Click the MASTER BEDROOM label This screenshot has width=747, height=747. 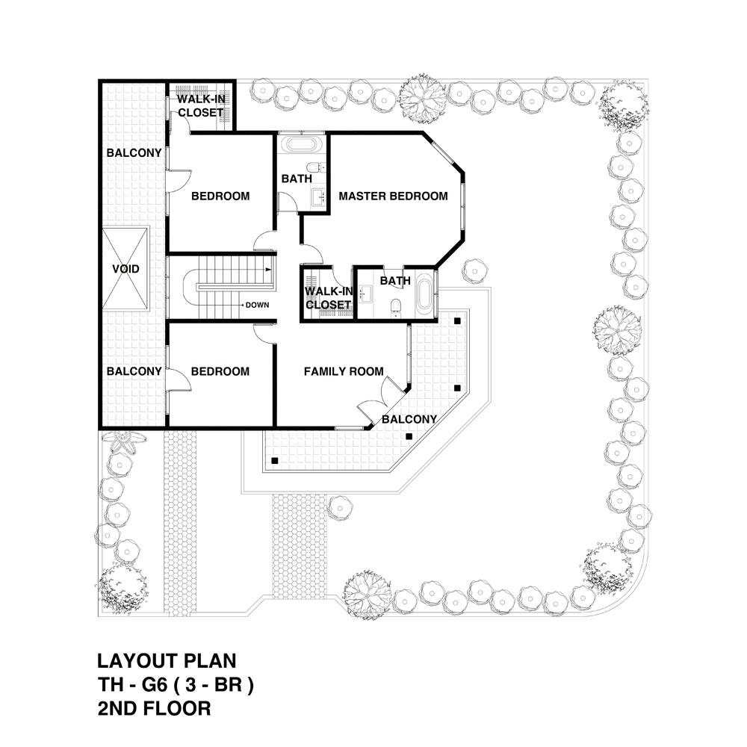(x=393, y=196)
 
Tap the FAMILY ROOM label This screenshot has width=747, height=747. (x=344, y=371)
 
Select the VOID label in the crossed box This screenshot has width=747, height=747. (x=125, y=269)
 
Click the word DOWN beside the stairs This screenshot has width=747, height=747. (x=258, y=306)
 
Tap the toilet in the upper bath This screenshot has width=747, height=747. (x=314, y=166)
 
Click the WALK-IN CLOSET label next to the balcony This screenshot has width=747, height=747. (x=199, y=106)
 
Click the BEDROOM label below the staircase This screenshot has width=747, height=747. (x=220, y=371)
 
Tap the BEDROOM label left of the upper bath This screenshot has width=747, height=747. (x=220, y=196)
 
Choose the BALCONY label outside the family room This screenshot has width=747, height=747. (x=409, y=420)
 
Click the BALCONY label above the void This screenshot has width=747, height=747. (x=134, y=153)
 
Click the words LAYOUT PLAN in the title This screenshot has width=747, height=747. (x=167, y=661)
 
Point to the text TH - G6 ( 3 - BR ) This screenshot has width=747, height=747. (x=176, y=685)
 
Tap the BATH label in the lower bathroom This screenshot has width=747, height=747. (x=395, y=281)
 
